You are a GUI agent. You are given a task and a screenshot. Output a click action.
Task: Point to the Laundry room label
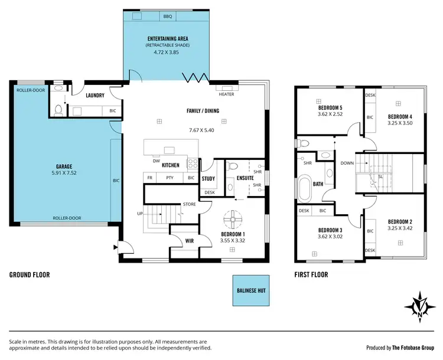[x=95, y=95]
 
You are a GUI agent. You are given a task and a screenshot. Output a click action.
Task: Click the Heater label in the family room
[x=226, y=94]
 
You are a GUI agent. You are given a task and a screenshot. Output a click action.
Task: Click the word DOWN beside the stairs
[x=348, y=163]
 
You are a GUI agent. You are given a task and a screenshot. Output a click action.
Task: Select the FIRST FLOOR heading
[x=311, y=274]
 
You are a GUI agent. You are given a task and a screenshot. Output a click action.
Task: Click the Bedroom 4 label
[x=399, y=116]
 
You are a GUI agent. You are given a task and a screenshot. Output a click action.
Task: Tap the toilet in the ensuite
[x=234, y=165]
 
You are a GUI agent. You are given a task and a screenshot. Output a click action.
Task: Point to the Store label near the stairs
[x=189, y=205]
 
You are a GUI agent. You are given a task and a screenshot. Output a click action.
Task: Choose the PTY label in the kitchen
[x=170, y=178]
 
